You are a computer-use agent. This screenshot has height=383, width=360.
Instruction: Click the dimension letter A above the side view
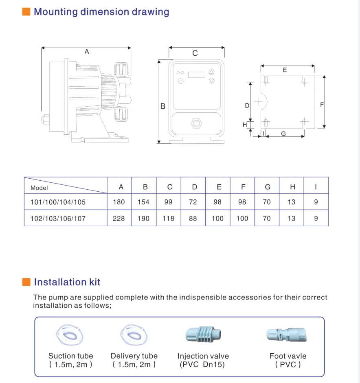point(87,52)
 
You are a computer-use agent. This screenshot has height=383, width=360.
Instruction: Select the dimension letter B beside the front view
point(162,106)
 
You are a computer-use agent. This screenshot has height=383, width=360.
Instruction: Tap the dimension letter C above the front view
point(195,53)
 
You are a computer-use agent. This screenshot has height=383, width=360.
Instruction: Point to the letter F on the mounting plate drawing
point(322,105)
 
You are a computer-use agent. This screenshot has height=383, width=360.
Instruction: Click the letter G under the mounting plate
point(283,134)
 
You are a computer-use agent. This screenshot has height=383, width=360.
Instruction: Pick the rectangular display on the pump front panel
point(196,74)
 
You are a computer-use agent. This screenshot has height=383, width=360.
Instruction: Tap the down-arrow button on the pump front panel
point(211,81)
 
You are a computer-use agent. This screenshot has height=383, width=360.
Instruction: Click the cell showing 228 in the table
point(119,218)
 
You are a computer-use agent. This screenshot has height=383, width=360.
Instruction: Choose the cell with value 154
point(143,202)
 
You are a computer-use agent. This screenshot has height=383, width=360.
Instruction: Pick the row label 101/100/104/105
point(58,202)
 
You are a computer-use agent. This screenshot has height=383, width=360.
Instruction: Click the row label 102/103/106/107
point(58,218)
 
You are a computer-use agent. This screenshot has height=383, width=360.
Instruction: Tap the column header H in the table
point(292,187)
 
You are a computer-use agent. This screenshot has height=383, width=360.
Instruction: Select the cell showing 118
point(168,218)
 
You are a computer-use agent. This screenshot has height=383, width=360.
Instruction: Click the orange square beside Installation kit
point(26,282)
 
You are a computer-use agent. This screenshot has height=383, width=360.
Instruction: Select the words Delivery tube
point(134,356)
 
